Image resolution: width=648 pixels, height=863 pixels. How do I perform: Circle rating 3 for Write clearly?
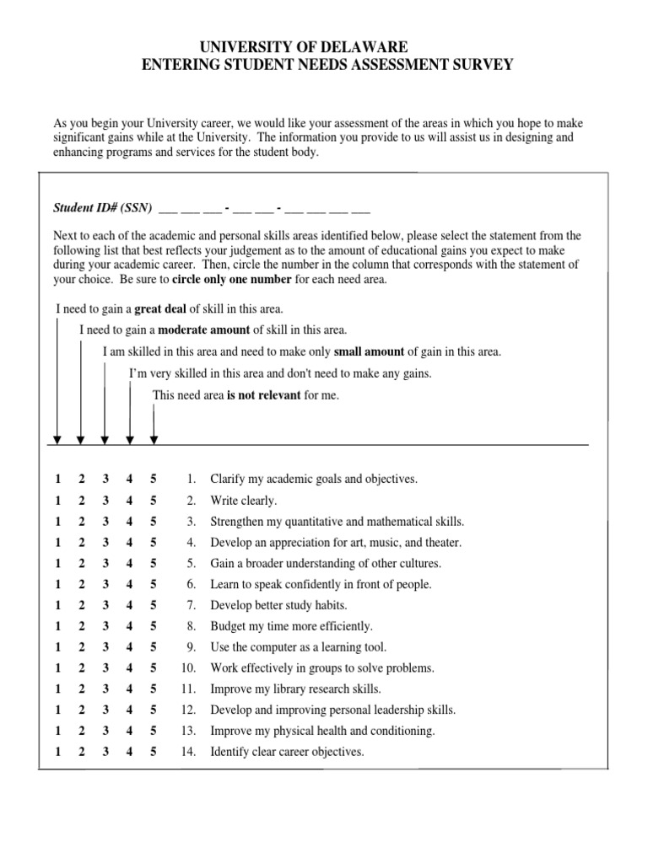(x=105, y=501)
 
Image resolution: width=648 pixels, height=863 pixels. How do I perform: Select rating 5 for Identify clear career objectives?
(x=154, y=752)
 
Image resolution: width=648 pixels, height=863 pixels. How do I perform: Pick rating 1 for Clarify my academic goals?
(x=57, y=479)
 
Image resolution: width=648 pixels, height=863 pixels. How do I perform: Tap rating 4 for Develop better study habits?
(x=129, y=605)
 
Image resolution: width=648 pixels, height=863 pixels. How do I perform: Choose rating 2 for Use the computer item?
(x=82, y=647)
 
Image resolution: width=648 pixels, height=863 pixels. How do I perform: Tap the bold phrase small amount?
(x=370, y=351)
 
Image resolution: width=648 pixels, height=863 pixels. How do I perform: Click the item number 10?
(x=189, y=668)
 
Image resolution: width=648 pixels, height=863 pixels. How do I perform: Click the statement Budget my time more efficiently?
(x=291, y=626)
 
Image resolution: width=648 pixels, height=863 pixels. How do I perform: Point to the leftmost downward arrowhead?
(x=57, y=438)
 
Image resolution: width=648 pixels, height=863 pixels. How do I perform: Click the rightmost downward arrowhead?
(x=154, y=438)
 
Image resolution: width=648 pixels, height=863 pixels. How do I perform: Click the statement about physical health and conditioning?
(x=322, y=732)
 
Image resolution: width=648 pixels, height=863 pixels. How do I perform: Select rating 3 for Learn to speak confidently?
(x=105, y=584)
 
